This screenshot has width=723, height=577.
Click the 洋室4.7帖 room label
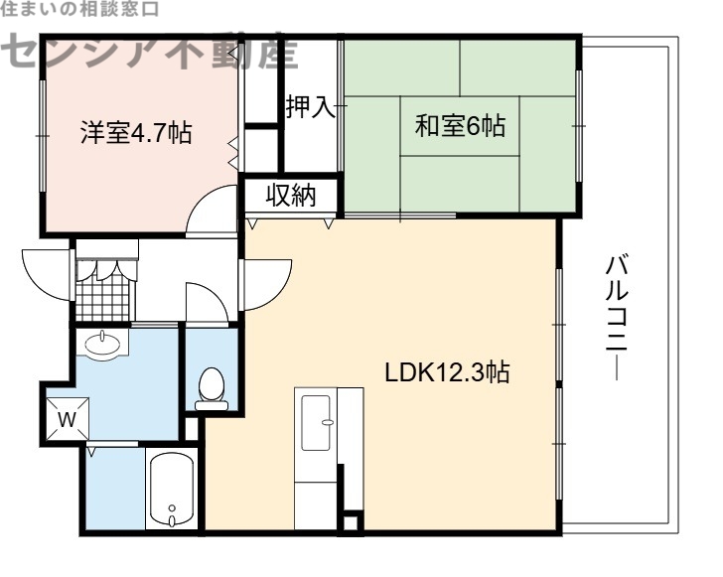pos(136,133)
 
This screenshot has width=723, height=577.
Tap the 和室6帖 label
pos(460,126)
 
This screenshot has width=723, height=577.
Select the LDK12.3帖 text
pos(448,373)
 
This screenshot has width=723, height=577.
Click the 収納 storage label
pos(290,196)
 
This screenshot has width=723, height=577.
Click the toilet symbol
pos(211,388)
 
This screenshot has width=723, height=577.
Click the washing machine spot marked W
pos(67,418)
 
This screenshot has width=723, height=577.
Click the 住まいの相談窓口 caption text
pos(79,10)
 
